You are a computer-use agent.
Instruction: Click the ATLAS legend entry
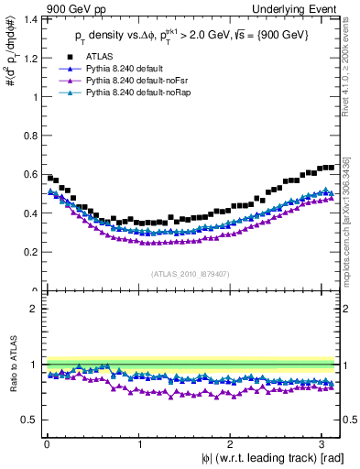pyautogui.click(x=99, y=57)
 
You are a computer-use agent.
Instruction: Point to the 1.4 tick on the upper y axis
pyautogui.click(x=32, y=19)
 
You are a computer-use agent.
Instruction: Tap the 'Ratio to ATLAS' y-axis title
pyautogui.click(x=12, y=366)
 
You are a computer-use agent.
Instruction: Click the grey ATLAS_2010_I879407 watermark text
pyautogui.click(x=191, y=273)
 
